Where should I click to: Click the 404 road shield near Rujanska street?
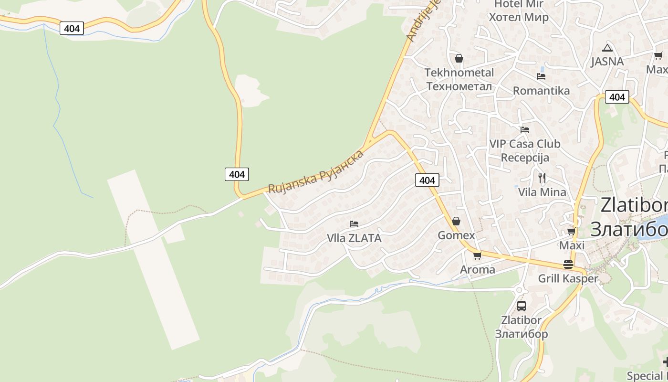click(237, 174)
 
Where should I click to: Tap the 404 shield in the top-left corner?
click(72, 28)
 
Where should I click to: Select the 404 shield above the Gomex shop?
click(427, 180)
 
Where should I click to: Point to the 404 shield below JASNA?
click(617, 97)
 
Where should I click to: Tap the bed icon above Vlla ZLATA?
click(354, 223)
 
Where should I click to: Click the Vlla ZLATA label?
click(354, 238)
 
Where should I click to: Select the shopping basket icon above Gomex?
click(456, 221)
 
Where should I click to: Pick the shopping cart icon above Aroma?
click(477, 255)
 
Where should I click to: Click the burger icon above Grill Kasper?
click(568, 265)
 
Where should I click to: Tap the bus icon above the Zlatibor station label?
click(521, 306)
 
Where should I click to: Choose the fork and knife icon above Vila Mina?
click(542, 178)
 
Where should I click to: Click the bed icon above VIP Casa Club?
click(525, 129)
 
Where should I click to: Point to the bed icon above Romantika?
click(541, 76)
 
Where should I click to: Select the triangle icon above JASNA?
click(607, 47)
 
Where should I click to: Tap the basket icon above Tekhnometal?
click(459, 58)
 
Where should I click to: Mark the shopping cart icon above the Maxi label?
click(572, 232)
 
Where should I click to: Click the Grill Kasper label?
click(568, 278)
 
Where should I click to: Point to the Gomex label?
click(457, 235)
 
